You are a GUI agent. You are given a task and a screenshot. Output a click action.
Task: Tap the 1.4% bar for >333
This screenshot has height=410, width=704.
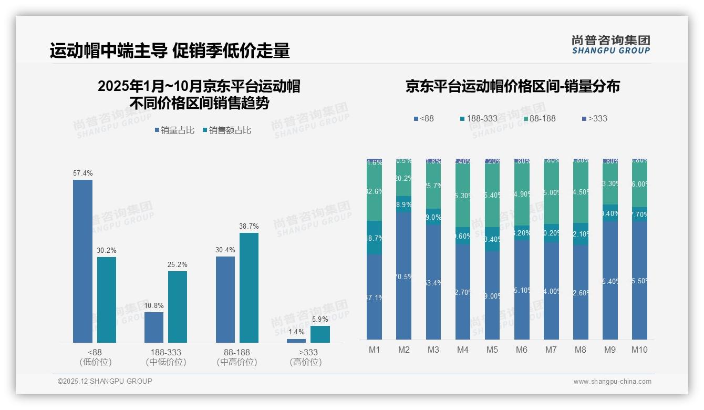click(296, 341)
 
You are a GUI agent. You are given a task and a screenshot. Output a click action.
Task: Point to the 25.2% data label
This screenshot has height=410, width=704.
click(178, 265)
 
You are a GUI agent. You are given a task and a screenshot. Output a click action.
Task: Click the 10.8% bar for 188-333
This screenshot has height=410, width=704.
click(154, 327)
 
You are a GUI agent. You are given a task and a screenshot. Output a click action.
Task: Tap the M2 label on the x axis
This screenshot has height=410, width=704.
click(404, 350)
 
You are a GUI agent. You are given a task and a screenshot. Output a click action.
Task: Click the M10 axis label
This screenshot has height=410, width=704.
click(639, 350)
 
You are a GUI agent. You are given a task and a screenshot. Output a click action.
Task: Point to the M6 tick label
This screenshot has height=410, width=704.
click(522, 350)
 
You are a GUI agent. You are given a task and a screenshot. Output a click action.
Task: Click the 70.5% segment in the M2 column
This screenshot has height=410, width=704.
click(404, 275)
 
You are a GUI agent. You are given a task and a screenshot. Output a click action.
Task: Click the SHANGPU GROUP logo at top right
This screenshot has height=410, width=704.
click(610, 45)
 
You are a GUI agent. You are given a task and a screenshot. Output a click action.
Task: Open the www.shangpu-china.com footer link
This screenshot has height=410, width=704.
click(612, 382)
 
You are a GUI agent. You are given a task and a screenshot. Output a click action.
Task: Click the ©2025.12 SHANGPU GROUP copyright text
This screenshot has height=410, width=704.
click(105, 381)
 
